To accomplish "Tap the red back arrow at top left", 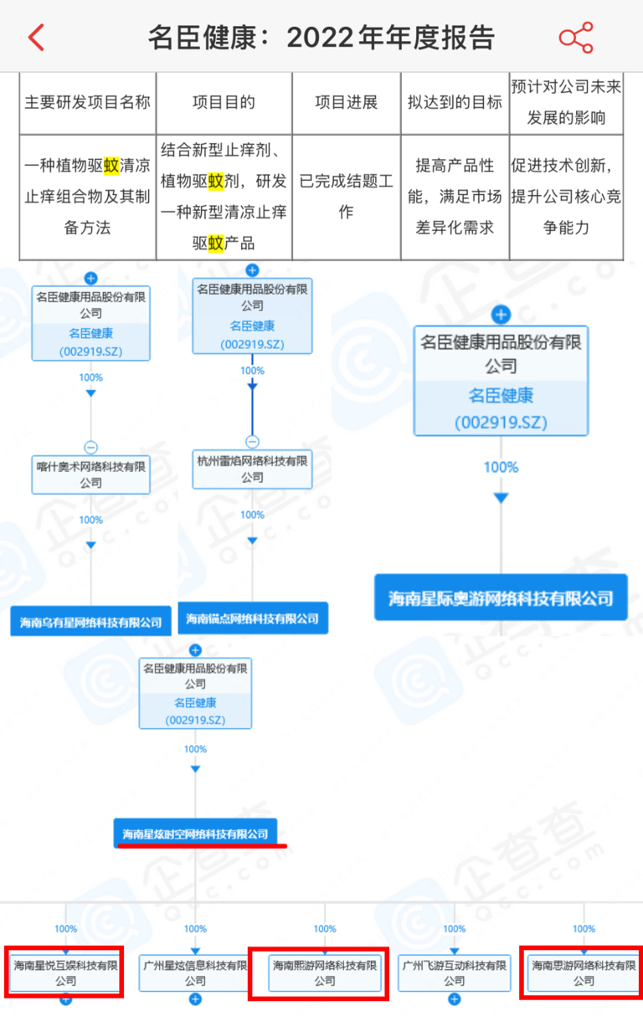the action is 36,37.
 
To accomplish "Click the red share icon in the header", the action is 576,37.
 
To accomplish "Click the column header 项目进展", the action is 347,102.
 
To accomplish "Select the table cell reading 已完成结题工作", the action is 347,197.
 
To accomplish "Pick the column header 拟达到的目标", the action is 455,102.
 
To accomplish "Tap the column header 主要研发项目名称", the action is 87,102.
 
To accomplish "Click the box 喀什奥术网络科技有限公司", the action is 90,475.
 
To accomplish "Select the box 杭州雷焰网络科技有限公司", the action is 252,469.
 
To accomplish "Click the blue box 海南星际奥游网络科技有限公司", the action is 501,598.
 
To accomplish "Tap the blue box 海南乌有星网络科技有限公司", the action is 90,621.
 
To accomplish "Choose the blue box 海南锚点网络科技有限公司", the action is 253,618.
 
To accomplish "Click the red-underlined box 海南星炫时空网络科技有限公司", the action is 195,834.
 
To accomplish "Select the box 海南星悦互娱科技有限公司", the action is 65,972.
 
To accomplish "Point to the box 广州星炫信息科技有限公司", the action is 195,972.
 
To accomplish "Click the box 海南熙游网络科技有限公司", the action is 325,972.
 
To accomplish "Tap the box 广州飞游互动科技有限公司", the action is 455,972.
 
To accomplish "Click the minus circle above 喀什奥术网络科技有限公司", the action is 90,447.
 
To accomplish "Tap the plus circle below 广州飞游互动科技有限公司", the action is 455,999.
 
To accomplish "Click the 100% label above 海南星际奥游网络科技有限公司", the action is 501,467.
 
